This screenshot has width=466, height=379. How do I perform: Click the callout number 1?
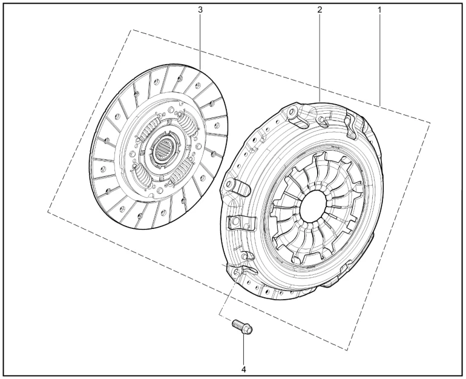point(379,10)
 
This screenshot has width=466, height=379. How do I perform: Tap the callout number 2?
point(320,10)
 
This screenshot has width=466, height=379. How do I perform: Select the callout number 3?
point(200,10)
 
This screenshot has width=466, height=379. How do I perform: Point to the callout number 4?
point(244,369)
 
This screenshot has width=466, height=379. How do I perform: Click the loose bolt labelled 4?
point(242,326)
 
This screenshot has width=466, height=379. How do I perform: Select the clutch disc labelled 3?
point(159,146)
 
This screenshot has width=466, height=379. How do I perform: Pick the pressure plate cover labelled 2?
point(301,200)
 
